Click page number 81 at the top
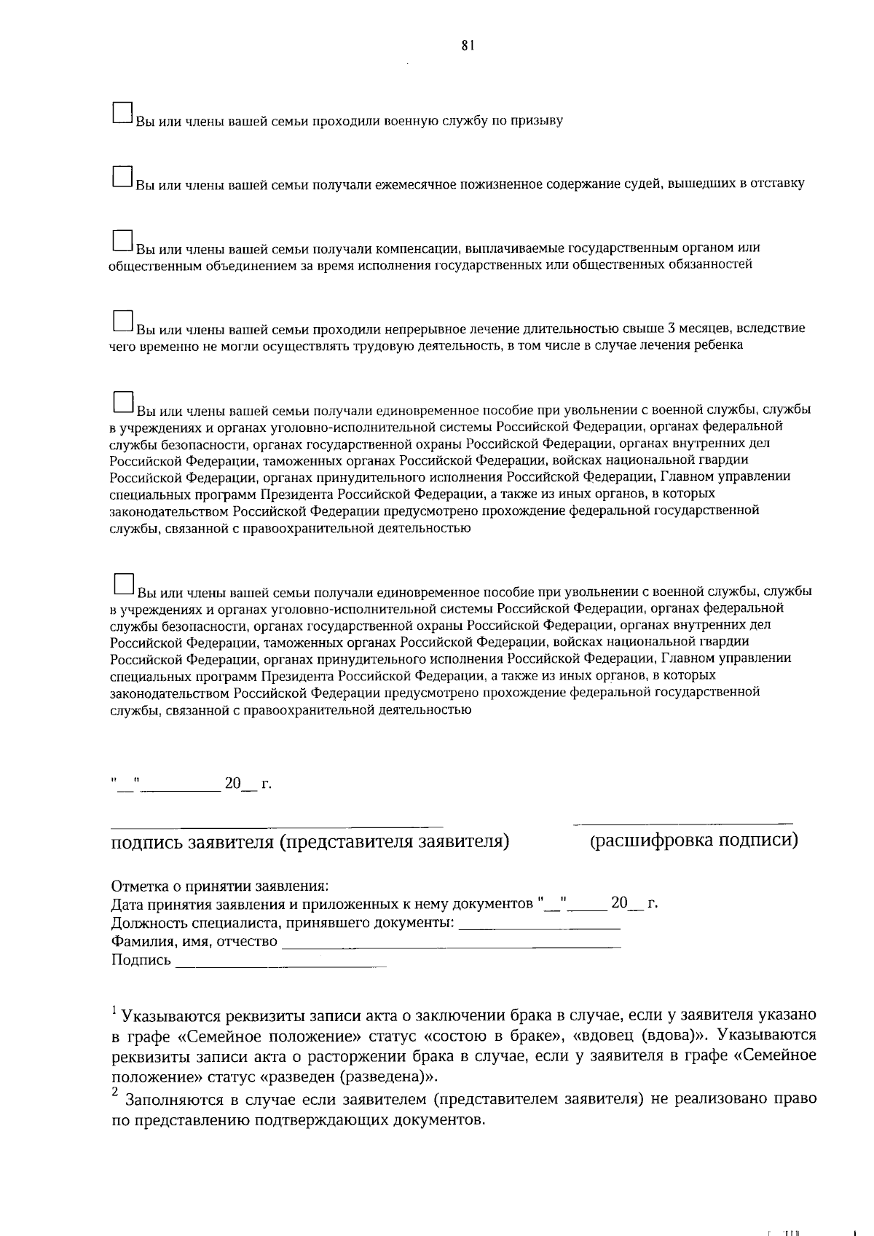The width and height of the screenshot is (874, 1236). [x=468, y=45]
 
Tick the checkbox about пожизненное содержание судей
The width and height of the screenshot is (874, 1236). [x=122, y=176]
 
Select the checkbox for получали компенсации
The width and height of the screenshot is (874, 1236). [x=122, y=241]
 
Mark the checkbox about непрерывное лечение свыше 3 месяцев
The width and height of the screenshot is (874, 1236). [x=122, y=321]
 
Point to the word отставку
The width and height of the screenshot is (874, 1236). [x=778, y=184]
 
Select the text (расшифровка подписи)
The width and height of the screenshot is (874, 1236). [x=693, y=841]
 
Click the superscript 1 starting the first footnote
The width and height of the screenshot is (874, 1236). [x=114, y=1009]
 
